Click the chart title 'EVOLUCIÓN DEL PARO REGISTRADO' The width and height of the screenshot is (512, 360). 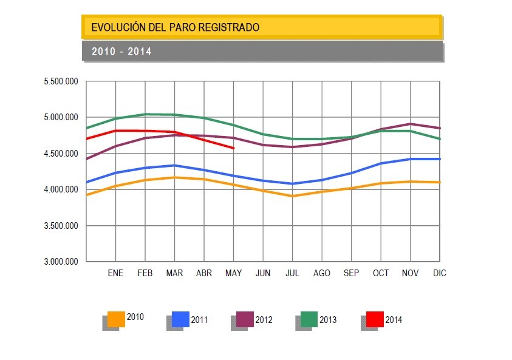(175, 27)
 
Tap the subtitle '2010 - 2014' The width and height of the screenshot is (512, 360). (121, 52)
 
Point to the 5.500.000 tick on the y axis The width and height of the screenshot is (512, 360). (61, 81)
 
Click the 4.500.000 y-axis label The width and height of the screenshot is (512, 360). (61, 154)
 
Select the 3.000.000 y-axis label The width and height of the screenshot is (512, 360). (61, 262)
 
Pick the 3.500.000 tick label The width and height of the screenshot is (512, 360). (61, 226)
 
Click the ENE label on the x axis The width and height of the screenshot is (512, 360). (115, 273)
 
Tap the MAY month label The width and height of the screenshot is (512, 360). (233, 273)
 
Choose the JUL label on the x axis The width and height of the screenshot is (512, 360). (292, 273)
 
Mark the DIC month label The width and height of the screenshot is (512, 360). (439, 273)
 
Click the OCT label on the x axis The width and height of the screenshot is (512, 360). (381, 273)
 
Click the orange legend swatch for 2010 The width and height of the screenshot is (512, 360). (116, 319)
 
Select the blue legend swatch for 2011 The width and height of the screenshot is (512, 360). (180, 319)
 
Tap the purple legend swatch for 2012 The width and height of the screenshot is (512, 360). (245, 319)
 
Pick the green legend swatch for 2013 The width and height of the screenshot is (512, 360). (309, 319)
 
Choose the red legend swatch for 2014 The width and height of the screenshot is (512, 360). (375, 319)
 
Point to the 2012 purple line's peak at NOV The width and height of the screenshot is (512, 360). (411, 124)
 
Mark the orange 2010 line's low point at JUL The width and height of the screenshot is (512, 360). (293, 196)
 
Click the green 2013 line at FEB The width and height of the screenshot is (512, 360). (145, 114)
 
